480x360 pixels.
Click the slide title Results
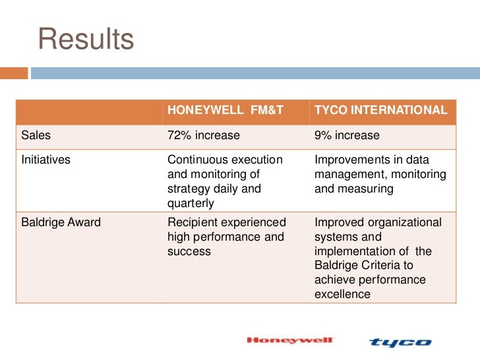86,39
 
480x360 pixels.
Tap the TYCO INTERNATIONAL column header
380,110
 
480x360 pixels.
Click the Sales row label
36,135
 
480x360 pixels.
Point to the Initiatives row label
45,160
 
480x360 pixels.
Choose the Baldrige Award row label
61,222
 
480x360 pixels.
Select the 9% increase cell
347,135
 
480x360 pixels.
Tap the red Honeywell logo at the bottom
290,341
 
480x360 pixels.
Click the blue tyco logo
400,342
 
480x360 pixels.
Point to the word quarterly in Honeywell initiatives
191,204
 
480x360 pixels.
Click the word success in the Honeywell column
189,251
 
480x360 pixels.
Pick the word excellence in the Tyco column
342,294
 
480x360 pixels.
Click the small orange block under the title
14,73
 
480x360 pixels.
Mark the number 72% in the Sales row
179,135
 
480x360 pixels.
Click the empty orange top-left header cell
88,110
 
